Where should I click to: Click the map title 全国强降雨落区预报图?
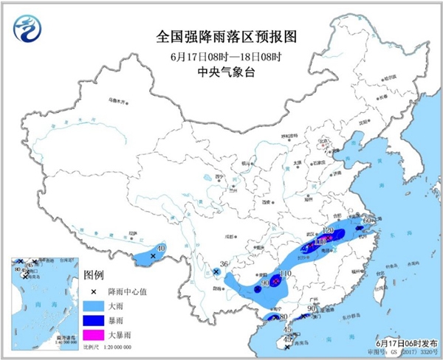[x=221, y=35]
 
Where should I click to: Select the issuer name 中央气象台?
[x=221, y=72]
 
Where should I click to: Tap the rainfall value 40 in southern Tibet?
[x=161, y=248]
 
